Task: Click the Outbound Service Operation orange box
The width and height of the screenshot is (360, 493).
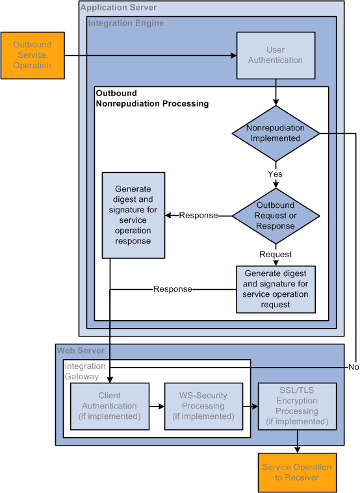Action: point(32,56)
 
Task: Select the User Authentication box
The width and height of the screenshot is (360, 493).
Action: point(276,55)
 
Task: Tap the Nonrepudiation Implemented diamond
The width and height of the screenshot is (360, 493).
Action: point(276,133)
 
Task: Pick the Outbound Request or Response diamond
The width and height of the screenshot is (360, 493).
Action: point(276,216)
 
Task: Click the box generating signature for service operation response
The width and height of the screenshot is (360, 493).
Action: point(133,214)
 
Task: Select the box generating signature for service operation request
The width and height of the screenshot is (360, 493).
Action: point(276,289)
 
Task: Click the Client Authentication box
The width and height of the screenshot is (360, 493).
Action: point(109,406)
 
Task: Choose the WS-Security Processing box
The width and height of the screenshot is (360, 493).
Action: point(201,406)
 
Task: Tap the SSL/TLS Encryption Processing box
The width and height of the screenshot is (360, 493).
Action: point(297,407)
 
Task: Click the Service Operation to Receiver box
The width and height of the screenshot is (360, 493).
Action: point(297,472)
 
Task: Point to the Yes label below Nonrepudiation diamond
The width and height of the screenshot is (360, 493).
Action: point(276,174)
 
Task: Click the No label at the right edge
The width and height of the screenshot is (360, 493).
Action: point(354,367)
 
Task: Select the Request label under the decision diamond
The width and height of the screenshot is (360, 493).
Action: point(276,255)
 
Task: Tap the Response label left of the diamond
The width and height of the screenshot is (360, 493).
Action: point(198,216)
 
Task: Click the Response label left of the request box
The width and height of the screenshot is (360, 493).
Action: point(172,289)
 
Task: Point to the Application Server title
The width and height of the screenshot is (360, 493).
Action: point(118,8)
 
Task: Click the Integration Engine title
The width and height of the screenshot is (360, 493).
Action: point(126,23)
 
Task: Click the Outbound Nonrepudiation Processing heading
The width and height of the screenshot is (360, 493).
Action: point(152,98)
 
